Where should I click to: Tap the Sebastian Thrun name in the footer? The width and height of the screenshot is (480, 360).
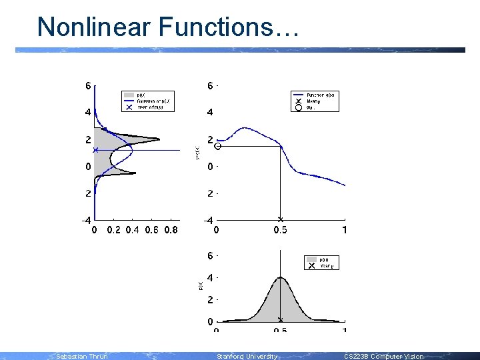(x=81, y=357)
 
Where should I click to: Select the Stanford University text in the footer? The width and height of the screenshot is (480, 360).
(x=247, y=357)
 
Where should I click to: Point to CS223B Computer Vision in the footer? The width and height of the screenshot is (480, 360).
(x=383, y=357)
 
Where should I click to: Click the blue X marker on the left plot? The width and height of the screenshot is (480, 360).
(x=95, y=151)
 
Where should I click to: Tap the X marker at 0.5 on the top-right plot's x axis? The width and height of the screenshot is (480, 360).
(x=280, y=219)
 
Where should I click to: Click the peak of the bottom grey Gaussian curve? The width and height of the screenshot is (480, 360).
(x=281, y=277)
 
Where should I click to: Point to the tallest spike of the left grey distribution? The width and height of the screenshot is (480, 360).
(x=159, y=139)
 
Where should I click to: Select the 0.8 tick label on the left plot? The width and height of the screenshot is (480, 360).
(x=171, y=231)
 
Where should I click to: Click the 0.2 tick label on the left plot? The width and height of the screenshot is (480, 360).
(x=114, y=231)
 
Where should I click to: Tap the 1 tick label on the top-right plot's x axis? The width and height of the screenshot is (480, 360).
(x=344, y=231)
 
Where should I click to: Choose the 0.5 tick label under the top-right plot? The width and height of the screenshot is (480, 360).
(x=280, y=231)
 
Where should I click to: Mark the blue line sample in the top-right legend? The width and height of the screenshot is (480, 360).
(x=299, y=95)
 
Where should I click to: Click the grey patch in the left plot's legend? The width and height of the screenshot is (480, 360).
(x=129, y=95)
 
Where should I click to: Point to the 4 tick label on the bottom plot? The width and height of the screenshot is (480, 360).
(x=210, y=277)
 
